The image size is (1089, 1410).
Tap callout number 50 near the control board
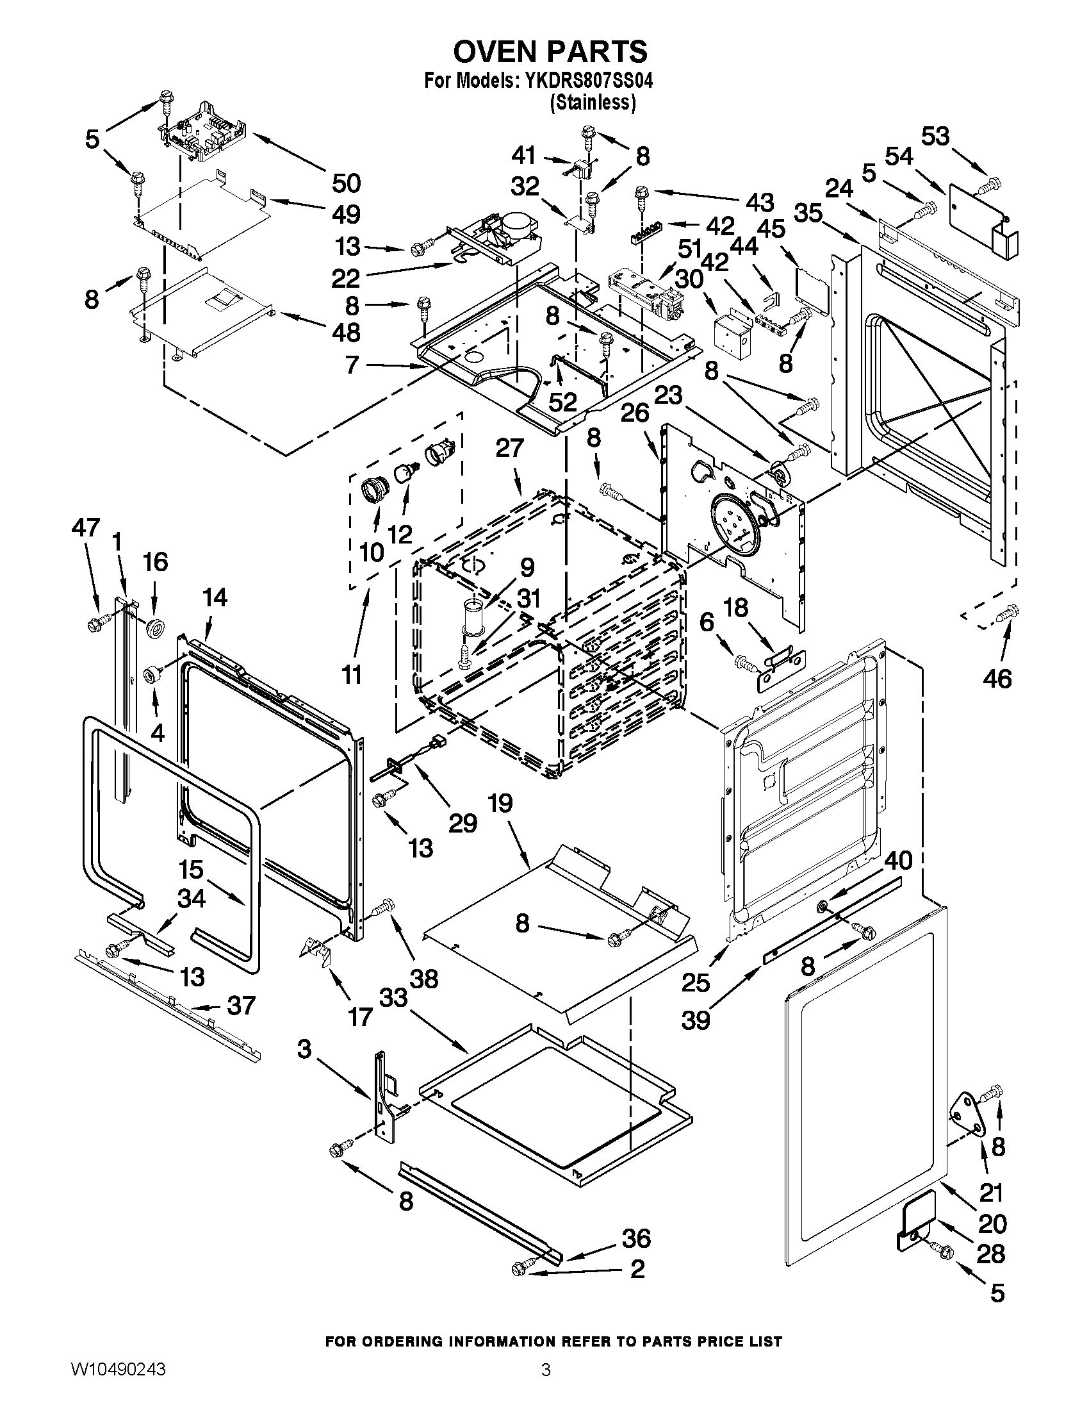346,183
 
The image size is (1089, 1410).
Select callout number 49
346,213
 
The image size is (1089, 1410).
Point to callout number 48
346,333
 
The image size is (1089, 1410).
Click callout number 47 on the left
85,527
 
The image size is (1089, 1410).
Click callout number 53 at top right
935,137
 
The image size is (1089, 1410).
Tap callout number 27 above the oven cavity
509,448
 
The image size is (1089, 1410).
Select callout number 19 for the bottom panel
500,803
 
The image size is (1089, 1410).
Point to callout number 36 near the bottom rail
635,1239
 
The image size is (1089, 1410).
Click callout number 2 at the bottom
637,1269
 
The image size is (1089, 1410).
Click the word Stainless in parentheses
593,102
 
